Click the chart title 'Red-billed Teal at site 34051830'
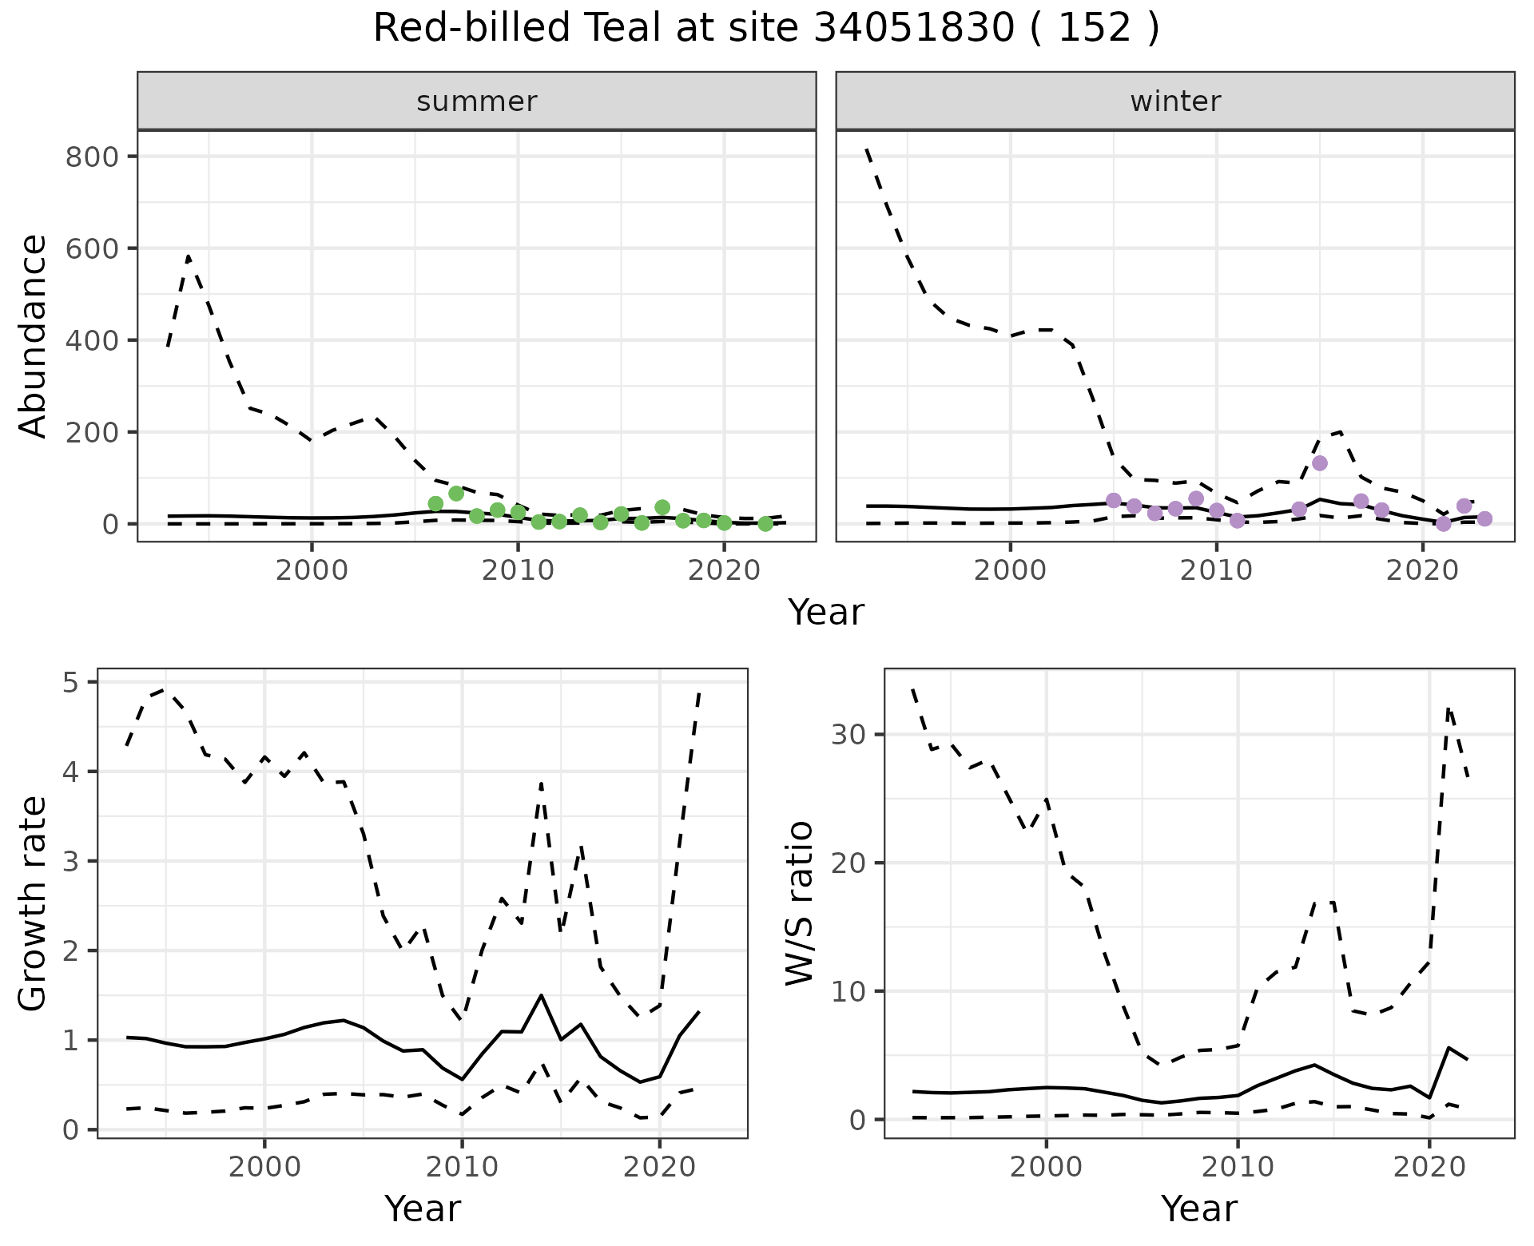pyautogui.click(x=765, y=30)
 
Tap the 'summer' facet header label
pyautogui.click(x=476, y=101)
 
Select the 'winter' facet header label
pyautogui.click(x=1174, y=101)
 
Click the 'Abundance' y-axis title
pyautogui.click(x=33, y=336)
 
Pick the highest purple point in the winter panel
pyautogui.click(x=1319, y=463)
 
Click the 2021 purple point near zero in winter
pyautogui.click(x=1443, y=524)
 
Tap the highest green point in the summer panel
pyautogui.click(x=456, y=494)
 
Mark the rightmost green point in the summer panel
pyautogui.click(x=765, y=524)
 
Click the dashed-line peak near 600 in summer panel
pyautogui.click(x=188, y=257)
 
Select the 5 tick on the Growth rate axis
pyautogui.click(x=70, y=682)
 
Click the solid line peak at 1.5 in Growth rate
pyautogui.click(x=542, y=995)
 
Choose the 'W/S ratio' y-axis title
pyautogui.click(x=800, y=903)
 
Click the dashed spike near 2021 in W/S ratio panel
pyautogui.click(x=1449, y=708)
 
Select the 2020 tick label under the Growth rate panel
pyautogui.click(x=658, y=1167)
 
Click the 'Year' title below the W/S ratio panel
pyautogui.click(x=1198, y=1208)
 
